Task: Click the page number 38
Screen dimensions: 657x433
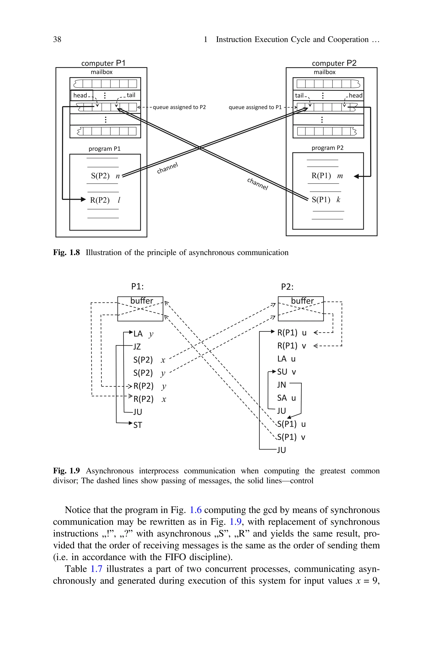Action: (57, 40)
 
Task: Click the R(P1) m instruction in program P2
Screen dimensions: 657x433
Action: (327, 176)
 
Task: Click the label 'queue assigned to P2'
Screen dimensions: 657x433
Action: (179, 107)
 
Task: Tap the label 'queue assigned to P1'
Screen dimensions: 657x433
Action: (255, 107)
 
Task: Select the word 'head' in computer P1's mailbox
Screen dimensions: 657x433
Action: (80, 95)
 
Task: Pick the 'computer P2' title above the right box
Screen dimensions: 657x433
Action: (334, 63)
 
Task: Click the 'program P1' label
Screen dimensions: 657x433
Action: (104, 149)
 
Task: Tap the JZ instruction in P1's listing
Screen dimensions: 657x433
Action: (137, 347)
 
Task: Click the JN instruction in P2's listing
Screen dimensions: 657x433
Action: (281, 385)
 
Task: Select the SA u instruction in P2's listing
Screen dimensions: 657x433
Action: (286, 398)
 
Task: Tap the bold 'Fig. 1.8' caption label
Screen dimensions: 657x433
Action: (66, 252)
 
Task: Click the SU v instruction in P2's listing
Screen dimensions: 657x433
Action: (286, 372)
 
